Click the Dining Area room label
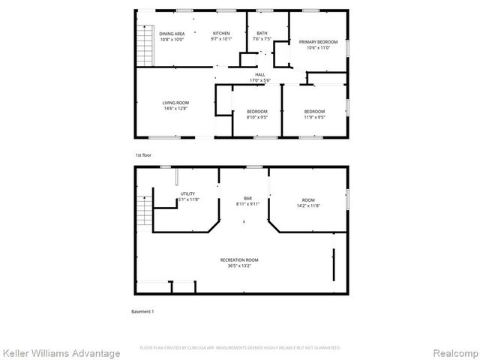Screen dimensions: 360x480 [x=172, y=34]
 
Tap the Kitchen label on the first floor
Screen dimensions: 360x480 [x=221, y=34]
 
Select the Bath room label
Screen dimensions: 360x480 [x=262, y=34]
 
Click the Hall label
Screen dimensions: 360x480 [x=260, y=74]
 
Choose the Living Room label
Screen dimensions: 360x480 [x=175, y=103]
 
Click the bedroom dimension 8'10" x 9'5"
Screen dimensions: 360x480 [x=257, y=118]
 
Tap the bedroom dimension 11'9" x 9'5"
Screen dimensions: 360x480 [x=314, y=118]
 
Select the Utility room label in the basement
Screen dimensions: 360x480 [x=187, y=193]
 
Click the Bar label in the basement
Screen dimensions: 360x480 [x=247, y=198]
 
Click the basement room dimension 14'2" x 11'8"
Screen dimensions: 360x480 [x=309, y=205]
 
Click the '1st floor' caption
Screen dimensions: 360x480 [x=143, y=154]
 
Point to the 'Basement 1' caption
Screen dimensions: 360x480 [x=142, y=311]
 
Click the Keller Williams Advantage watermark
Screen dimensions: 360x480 [x=61, y=352]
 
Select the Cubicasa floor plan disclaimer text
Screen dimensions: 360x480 [x=240, y=348]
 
